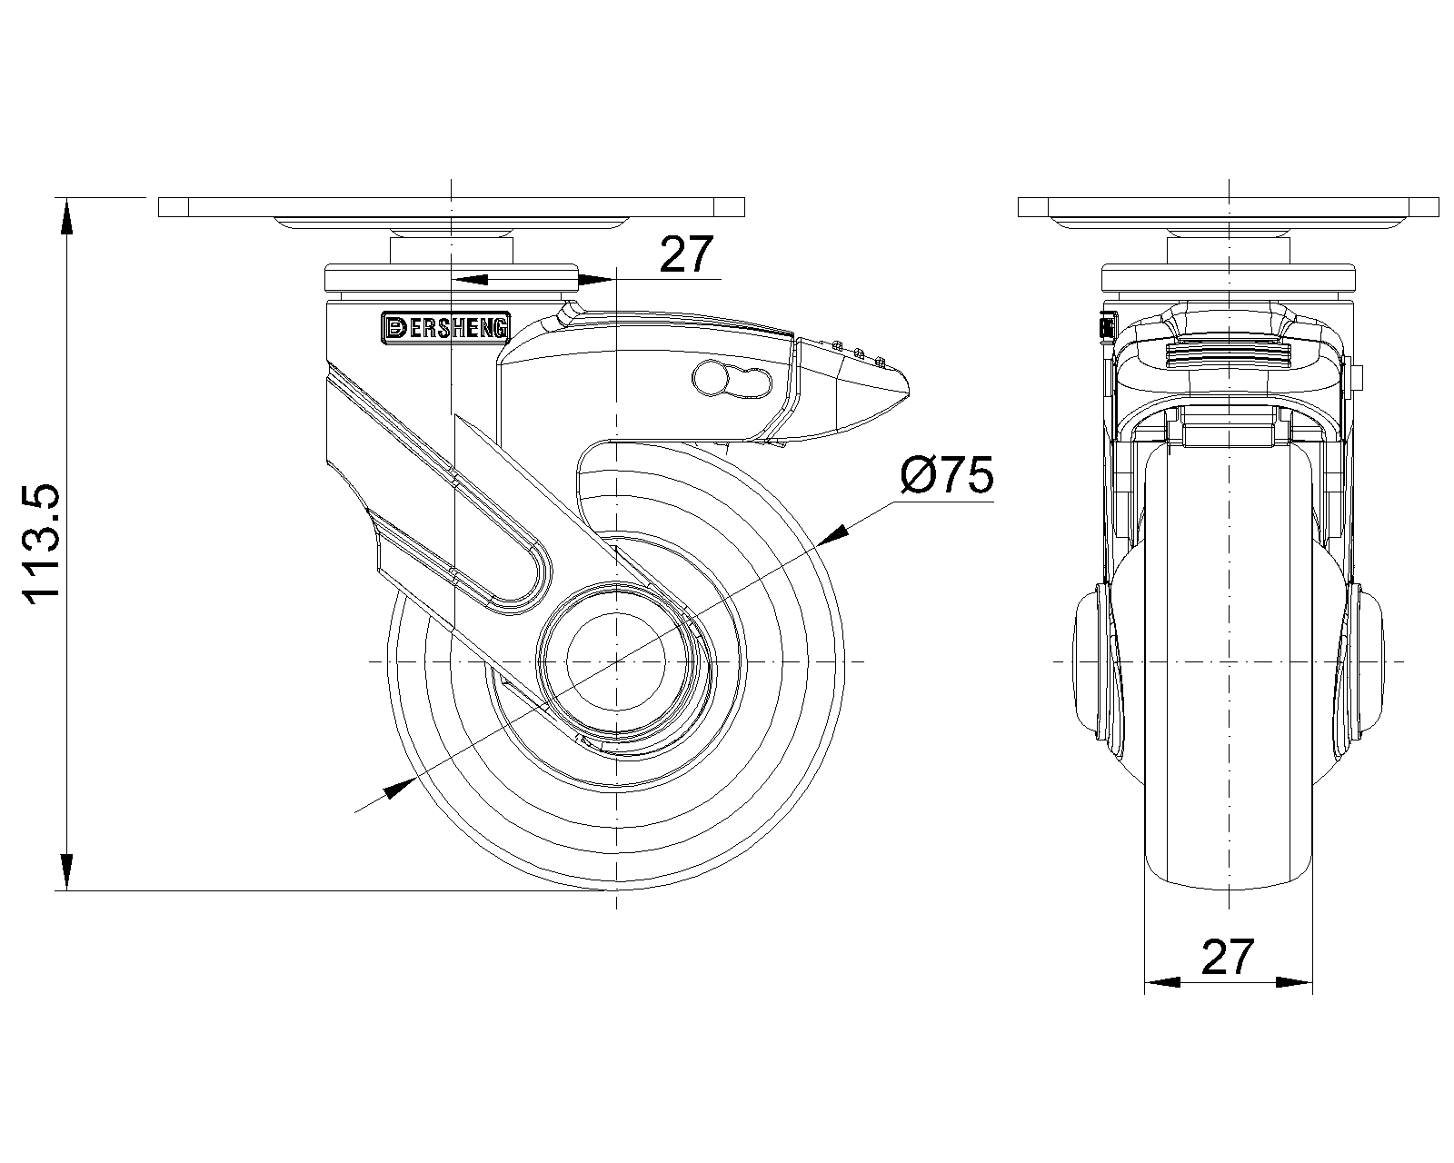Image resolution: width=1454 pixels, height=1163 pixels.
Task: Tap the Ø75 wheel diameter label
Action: click(947, 476)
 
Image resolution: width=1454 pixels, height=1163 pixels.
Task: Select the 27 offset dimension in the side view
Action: click(687, 255)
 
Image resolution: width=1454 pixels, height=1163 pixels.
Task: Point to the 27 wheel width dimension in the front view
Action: click(1227, 957)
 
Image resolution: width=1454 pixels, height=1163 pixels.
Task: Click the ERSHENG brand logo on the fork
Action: click(445, 328)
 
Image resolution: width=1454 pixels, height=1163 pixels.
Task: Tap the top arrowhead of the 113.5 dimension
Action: click(65, 216)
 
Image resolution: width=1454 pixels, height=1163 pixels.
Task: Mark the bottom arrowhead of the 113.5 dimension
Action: click(65, 872)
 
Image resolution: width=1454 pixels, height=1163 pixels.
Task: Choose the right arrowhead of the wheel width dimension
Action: click(1294, 982)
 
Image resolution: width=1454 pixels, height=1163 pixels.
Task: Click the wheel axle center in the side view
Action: click(616, 662)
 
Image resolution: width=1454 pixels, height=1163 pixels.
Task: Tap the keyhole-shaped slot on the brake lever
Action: click(732, 381)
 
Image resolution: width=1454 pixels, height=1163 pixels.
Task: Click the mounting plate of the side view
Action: click(451, 207)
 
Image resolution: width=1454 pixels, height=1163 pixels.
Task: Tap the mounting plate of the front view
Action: click(1229, 207)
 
